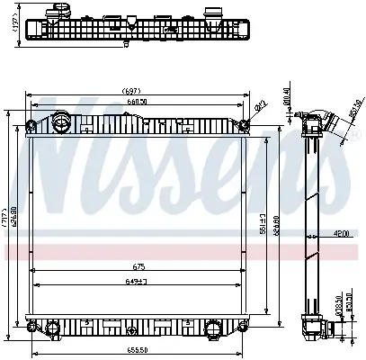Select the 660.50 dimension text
tap(136, 101)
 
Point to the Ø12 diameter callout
tap(261, 107)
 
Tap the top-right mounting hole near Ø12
tap(244, 124)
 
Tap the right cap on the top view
tap(213, 15)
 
